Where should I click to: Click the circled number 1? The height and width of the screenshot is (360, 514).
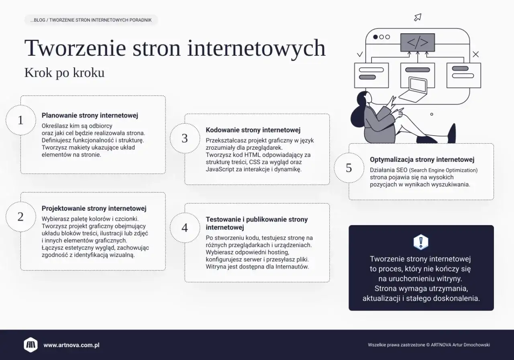[20, 120]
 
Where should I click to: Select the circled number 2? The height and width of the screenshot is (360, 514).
[20, 217]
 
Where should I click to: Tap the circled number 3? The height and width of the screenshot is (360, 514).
[185, 138]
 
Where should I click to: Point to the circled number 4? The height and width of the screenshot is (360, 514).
[185, 228]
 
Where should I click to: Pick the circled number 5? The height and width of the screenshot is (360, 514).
[349, 168]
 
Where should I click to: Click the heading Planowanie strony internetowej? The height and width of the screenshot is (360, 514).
[90, 116]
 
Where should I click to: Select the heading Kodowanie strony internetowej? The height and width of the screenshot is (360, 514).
[253, 130]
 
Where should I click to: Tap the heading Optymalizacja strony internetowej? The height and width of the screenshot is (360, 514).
[422, 160]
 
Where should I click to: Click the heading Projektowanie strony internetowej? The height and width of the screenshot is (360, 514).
[94, 209]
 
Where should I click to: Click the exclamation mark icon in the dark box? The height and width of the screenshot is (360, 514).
[421, 242]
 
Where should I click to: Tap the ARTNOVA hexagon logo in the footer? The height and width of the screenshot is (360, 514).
[31, 345]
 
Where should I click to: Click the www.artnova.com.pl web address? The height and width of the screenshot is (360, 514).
[71, 345]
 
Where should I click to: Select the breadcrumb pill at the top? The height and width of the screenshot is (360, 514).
[91, 20]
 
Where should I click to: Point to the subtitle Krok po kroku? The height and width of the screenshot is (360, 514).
[64, 73]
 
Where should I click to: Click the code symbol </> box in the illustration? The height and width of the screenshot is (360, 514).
[418, 42]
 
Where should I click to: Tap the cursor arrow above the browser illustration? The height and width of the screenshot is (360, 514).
[418, 17]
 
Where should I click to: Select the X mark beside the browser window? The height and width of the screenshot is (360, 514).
[476, 54]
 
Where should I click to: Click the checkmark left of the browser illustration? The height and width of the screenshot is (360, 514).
[360, 54]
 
